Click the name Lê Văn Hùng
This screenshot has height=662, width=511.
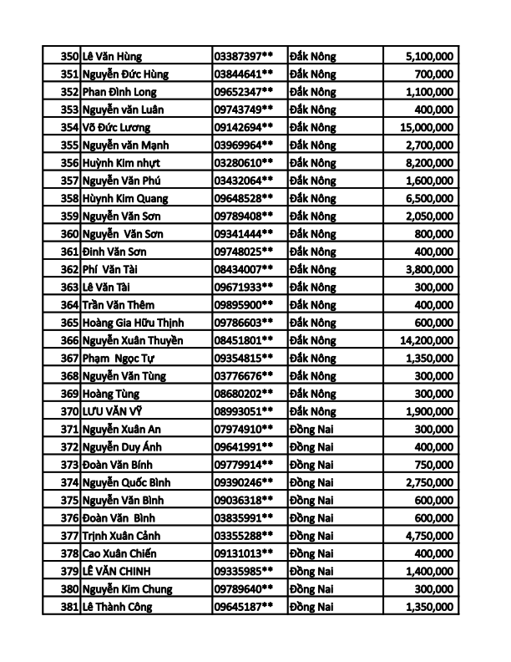tap(113, 56)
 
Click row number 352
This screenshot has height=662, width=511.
tap(69, 92)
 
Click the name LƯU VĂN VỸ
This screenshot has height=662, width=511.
tap(111, 411)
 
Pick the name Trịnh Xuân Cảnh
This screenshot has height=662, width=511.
tap(122, 536)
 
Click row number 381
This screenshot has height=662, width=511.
tap(69, 607)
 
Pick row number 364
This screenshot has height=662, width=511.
tap(69, 305)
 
